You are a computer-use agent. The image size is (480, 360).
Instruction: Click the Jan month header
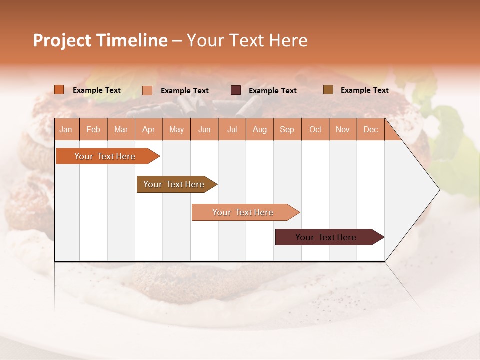66,129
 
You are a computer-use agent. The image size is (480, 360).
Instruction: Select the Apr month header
149,129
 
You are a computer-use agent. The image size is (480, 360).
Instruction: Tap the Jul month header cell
232,129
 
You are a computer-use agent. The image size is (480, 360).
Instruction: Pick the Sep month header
287,129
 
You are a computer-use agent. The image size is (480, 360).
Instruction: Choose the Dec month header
370,129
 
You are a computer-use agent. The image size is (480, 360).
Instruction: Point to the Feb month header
93,129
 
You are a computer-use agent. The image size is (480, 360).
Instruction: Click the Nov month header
343,129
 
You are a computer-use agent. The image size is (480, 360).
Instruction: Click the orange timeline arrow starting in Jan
105,156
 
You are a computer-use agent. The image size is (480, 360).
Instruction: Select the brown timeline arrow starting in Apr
174,184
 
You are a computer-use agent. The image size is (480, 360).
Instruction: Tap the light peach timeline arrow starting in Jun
243,212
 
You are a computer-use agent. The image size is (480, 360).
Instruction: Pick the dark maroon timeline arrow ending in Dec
326,237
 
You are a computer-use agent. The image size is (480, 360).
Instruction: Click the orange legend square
59,90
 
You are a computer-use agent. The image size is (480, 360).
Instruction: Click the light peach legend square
147,90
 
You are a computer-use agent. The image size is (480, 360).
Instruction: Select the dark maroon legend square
236,90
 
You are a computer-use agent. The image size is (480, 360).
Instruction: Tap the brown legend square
328,90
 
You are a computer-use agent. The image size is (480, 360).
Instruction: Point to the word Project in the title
62,40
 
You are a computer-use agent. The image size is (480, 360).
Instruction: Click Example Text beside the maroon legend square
272,90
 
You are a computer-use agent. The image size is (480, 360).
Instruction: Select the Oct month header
315,129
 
